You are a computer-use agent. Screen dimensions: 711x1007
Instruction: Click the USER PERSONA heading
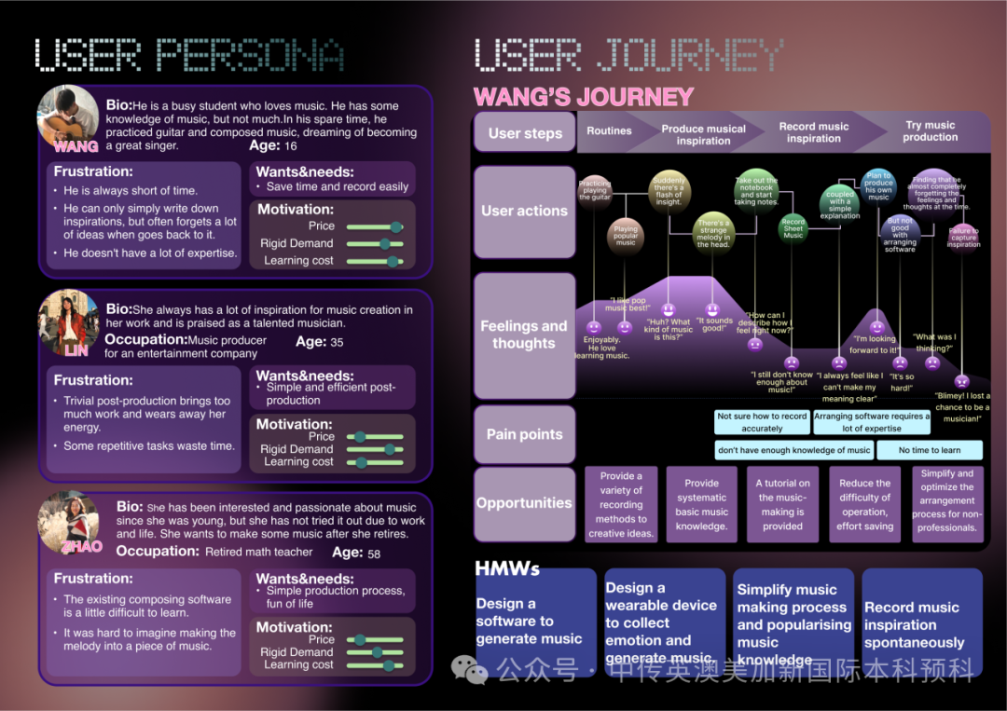pos(188,56)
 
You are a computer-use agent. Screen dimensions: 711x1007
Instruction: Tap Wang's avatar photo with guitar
pos(67,116)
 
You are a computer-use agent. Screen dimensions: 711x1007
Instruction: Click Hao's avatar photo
pos(68,523)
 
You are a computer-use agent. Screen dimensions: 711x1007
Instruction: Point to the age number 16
pos(291,146)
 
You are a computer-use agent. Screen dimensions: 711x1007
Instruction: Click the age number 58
pos(374,553)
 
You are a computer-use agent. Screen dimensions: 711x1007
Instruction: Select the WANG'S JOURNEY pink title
pos(584,97)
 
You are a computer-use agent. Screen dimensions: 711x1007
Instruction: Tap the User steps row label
pos(525,133)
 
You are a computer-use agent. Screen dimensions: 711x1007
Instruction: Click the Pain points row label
pos(524,434)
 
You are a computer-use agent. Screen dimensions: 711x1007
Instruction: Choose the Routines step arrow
pos(609,131)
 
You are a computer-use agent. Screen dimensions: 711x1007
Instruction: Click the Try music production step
pos(931,131)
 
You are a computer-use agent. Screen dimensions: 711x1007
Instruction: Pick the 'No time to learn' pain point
pos(930,450)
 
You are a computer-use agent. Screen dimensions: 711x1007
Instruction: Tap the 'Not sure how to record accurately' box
pos(762,422)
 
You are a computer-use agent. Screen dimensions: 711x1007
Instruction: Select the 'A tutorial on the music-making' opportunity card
pos(783,504)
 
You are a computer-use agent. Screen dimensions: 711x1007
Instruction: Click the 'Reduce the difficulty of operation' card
pos(864,504)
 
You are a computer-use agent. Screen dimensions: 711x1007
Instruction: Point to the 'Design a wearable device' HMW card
pos(662,622)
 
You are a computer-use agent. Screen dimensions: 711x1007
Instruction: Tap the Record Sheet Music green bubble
pos(793,229)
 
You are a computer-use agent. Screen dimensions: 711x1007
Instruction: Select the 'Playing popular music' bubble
pos(626,235)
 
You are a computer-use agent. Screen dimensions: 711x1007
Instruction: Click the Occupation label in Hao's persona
pos(158,551)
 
